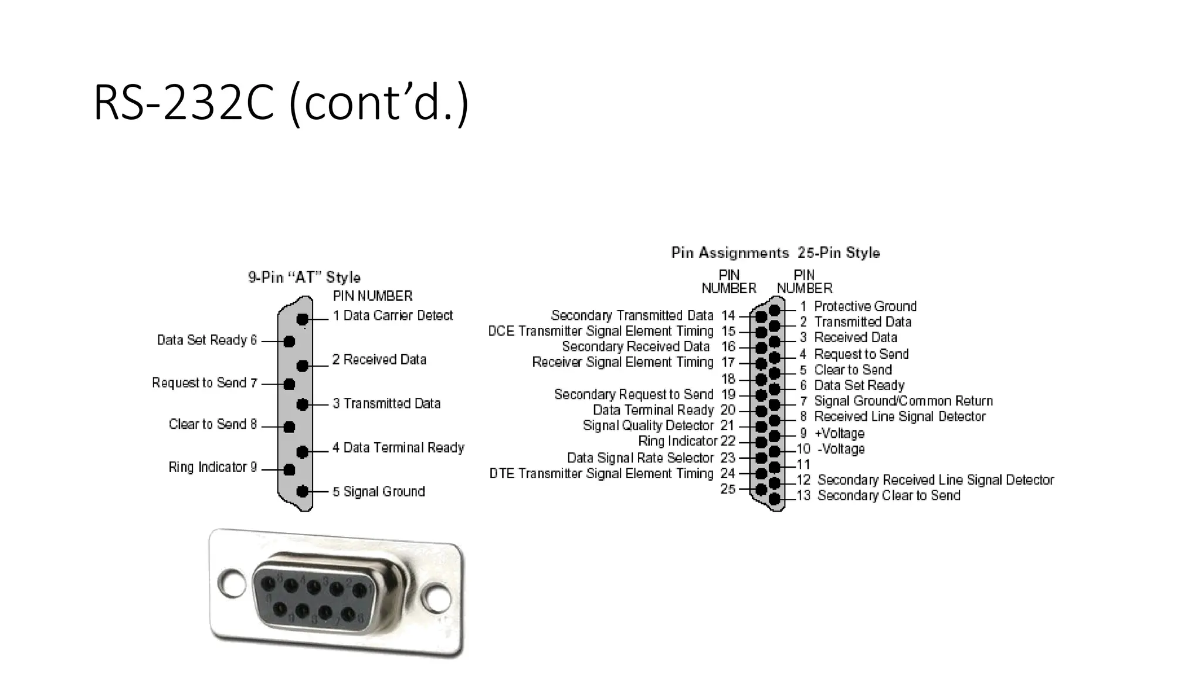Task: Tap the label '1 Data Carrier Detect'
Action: (392, 316)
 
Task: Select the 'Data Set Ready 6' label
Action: (206, 340)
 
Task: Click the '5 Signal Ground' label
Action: (378, 492)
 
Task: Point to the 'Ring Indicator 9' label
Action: (212, 467)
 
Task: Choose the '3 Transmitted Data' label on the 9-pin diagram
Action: (386, 404)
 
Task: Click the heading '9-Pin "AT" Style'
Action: (304, 278)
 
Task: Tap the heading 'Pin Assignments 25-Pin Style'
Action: (775, 253)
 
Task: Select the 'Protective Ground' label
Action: (865, 306)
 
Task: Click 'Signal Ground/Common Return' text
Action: (903, 401)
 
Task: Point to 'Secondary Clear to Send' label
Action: (888, 496)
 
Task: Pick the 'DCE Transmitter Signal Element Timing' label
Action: (600, 332)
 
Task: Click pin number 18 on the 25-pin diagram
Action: (728, 379)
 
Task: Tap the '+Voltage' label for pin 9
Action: (839, 434)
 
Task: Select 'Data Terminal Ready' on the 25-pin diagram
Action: (653, 410)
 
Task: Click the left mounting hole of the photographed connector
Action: (232, 582)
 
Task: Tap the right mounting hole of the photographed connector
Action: (437, 599)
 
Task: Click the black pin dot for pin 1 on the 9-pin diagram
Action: (303, 319)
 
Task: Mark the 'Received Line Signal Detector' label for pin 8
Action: (900, 417)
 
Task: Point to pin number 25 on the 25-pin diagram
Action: (728, 489)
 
